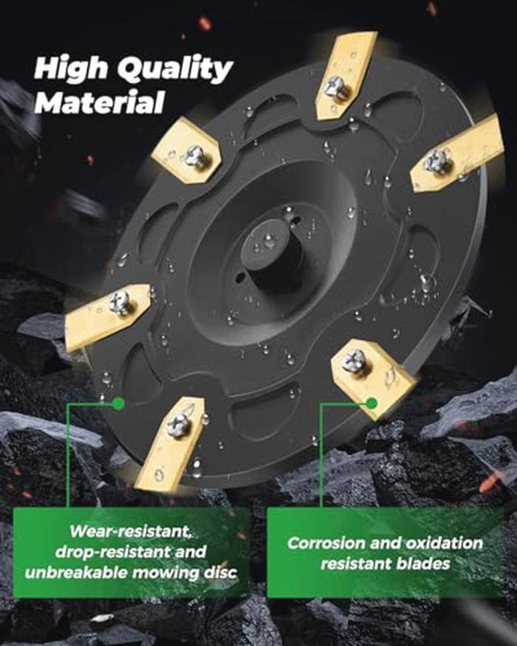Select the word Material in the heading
[x=100, y=102]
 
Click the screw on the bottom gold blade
[x=179, y=424]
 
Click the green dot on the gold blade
[x=372, y=403]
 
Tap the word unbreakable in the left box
[x=76, y=573]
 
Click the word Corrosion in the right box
[x=327, y=544]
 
